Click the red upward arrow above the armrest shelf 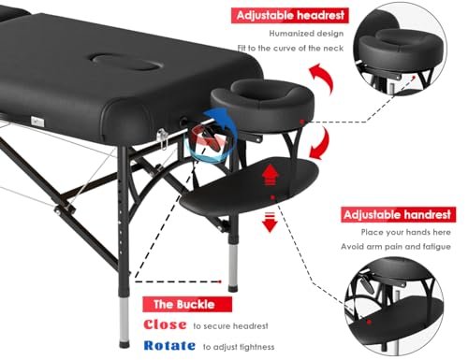271,174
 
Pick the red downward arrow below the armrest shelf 271,222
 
